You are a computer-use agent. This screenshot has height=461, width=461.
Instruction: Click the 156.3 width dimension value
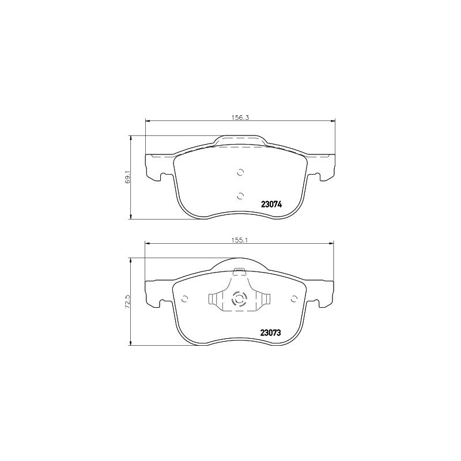(x=240, y=118)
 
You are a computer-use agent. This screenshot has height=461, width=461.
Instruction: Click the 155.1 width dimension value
(x=240, y=240)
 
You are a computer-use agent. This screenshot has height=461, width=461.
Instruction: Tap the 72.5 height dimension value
(x=127, y=301)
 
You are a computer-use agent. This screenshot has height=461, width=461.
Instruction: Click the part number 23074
(x=271, y=204)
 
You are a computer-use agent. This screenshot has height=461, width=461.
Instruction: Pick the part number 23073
(x=270, y=332)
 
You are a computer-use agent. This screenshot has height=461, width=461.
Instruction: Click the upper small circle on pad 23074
(x=240, y=172)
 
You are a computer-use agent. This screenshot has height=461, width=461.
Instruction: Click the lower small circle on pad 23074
(x=240, y=195)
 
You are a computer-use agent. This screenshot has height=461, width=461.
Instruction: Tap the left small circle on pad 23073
(x=184, y=299)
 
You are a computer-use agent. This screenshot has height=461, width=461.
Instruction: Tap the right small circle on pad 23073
(x=293, y=299)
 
